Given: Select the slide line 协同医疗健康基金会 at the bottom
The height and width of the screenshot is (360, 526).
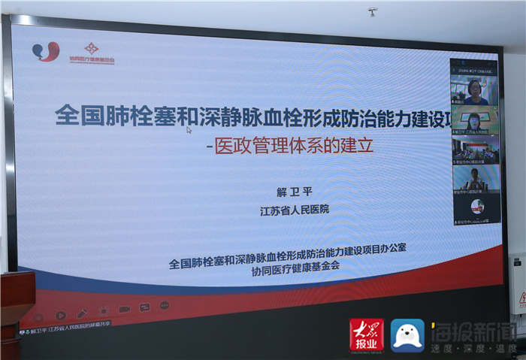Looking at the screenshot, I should (x=297, y=276).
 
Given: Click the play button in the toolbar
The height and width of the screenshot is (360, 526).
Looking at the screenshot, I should (x=61, y=315).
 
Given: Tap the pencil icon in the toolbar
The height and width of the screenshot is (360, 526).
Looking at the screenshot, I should (x=83, y=313).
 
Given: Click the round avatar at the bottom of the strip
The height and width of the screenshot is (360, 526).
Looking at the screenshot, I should (x=476, y=207).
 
